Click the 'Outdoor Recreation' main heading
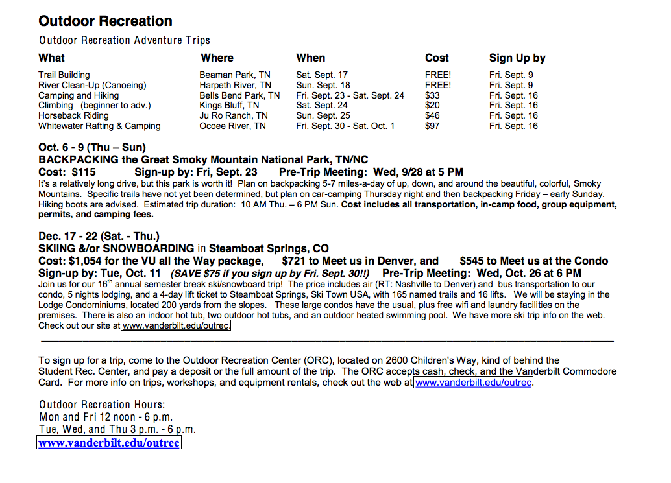tap(105, 21)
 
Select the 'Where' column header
tap(217, 58)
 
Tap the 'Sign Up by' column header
tap(517, 58)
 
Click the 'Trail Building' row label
tap(64, 75)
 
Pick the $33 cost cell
tap(432, 95)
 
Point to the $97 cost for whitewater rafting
tap(432, 126)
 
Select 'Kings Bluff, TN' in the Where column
tap(229, 105)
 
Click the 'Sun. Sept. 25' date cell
tap(323, 115)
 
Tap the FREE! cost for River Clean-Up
tap(438, 85)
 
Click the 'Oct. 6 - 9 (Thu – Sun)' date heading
tap(92, 147)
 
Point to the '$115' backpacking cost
tap(84, 172)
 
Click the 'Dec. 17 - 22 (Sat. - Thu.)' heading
tap(99, 236)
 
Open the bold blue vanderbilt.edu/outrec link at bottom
tap(109, 443)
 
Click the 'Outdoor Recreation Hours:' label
tap(103, 405)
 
